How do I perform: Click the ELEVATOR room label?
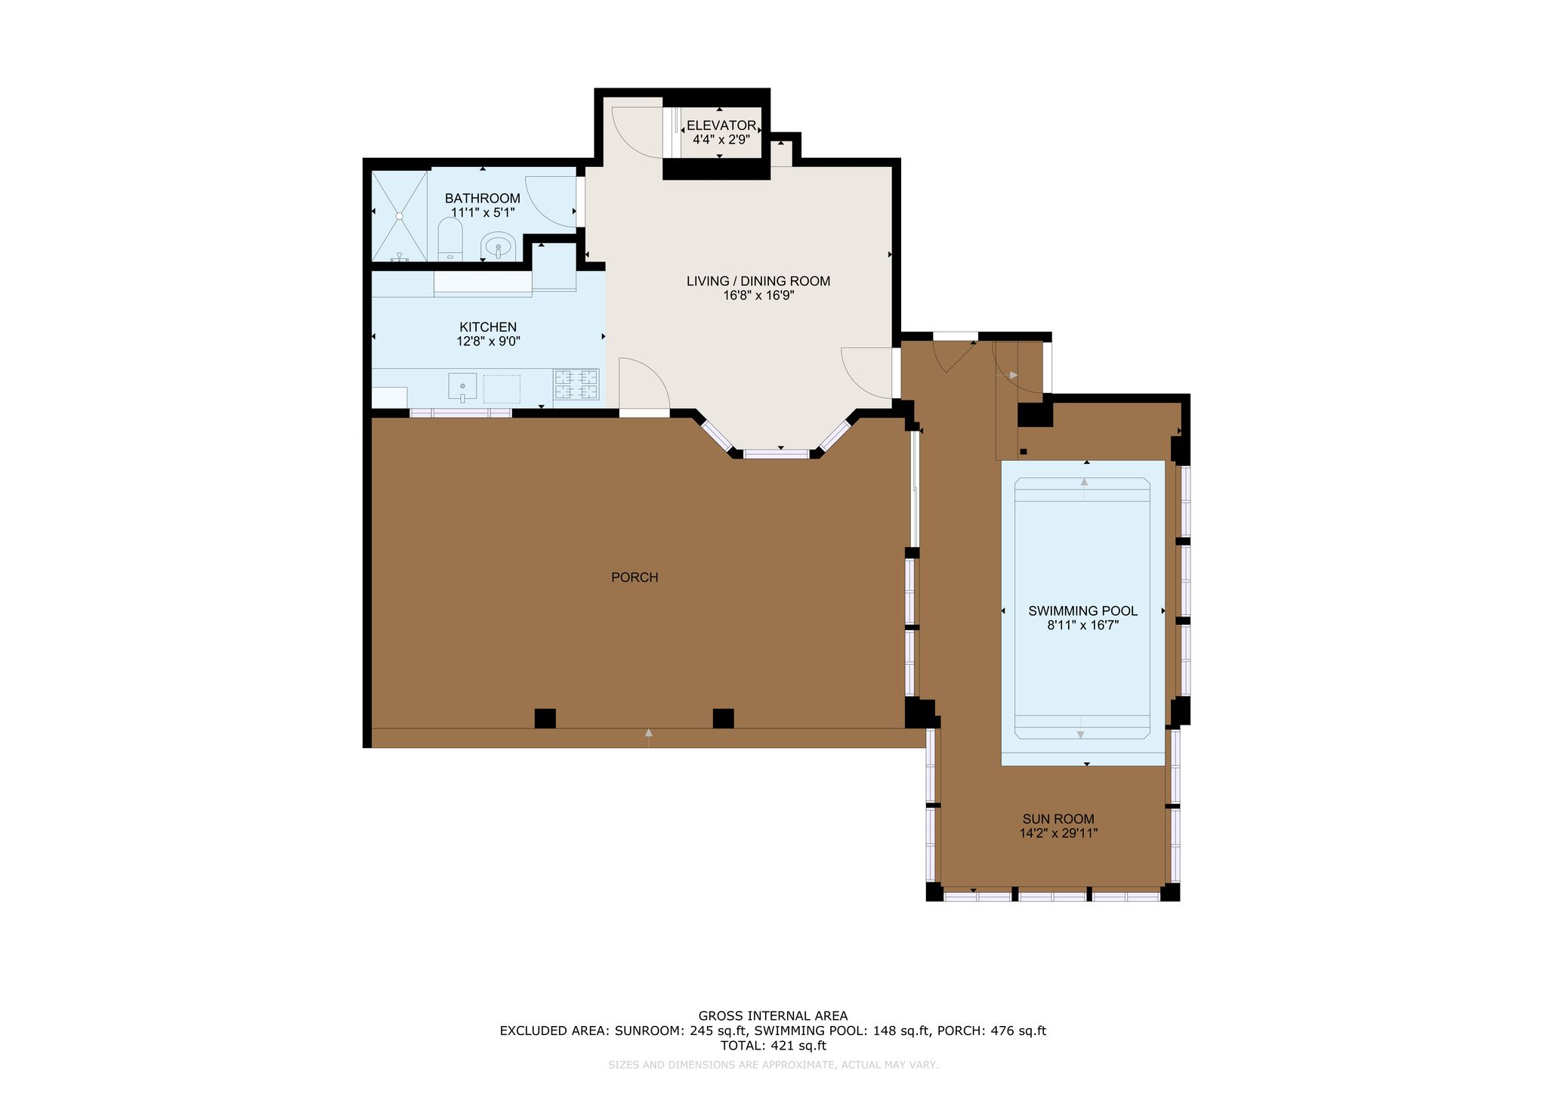[x=721, y=125]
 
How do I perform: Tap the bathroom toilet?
[x=450, y=240]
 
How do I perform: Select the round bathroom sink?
[x=498, y=246]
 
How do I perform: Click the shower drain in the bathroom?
[x=400, y=216]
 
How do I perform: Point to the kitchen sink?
[x=462, y=387]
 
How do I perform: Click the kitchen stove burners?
[x=576, y=384]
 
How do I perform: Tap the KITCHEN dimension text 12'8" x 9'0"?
[x=488, y=341]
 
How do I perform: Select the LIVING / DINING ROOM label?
[x=758, y=281]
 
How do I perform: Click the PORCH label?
[x=635, y=577]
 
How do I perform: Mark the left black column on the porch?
[x=545, y=719]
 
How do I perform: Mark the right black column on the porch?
[x=723, y=719]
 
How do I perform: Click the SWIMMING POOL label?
[x=1082, y=611]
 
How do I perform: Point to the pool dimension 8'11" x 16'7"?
[x=1082, y=626]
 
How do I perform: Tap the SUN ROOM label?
[x=1058, y=819]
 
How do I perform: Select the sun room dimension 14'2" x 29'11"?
[x=1058, y=833]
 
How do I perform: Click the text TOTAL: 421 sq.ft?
[x=773, y=1046]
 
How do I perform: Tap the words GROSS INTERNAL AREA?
[x=773, y=1016]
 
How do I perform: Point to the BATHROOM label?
[x=482, y=199]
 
